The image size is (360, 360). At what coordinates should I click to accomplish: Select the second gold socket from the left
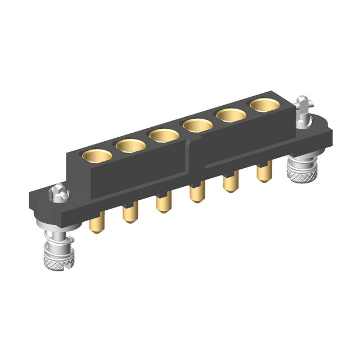(130, 145)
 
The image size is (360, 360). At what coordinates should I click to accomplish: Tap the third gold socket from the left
(164, 136)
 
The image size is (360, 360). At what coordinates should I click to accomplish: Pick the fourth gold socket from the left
(197, 125)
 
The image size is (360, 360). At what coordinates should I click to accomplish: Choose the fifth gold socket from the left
(231, 115)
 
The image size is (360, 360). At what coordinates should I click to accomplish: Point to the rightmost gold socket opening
(264, 105)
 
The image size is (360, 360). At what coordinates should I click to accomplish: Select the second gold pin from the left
(130, 214)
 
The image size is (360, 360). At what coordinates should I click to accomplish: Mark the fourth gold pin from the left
(196, 194)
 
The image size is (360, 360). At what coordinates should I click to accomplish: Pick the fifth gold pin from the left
(230, 184)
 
